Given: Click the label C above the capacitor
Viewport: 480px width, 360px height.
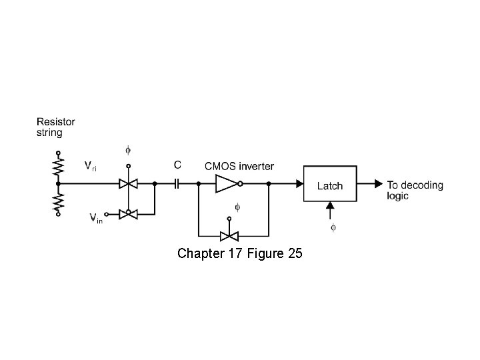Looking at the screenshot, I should [177, 165].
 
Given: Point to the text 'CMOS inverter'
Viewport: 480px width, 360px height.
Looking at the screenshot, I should [239, 166].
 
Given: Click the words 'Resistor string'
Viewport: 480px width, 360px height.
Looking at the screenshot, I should [55, 127].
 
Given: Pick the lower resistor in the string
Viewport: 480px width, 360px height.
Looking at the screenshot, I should [58, 201].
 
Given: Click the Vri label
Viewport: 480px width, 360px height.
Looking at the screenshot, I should [90, 165].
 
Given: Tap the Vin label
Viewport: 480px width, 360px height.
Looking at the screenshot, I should [95, 217].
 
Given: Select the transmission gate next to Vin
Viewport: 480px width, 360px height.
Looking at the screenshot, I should [128, 214].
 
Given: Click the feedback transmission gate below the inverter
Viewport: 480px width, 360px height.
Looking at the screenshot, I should [230, 236].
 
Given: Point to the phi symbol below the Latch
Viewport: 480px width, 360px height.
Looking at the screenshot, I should [333, 227].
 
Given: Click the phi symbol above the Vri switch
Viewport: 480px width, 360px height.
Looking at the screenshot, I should [128, 150].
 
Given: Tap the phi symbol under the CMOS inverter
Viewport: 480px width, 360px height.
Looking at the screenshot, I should [237, 207].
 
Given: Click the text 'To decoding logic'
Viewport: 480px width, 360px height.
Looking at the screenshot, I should [414, 190].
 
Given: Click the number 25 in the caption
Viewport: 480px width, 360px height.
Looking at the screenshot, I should [295, 253].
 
